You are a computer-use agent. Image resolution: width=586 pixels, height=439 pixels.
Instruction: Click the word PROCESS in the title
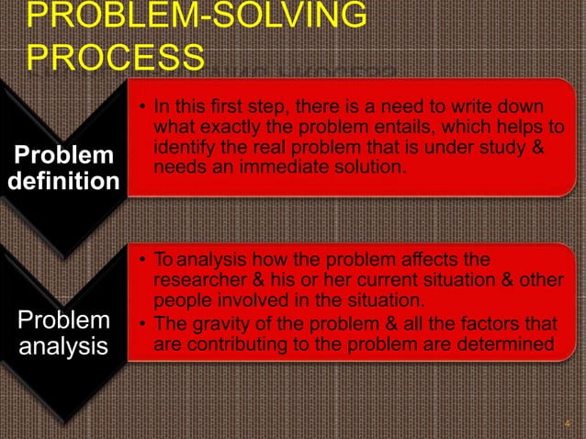coord(116,56)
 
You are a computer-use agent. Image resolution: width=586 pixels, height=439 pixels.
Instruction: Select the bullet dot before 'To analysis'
coord(143,260)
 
